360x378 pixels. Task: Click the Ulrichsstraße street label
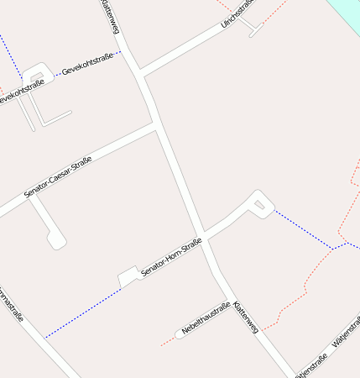pos(237,13)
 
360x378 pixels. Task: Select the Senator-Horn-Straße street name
pos(171,258)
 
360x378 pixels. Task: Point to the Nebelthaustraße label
pos(206,319)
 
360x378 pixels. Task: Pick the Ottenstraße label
pos(315,365)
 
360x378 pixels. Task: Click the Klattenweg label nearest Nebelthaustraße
pos(247,317)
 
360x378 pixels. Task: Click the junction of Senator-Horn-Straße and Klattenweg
pos(202,235)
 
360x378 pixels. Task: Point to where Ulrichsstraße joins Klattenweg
pos(140,73)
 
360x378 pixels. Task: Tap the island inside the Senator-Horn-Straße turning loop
pos(259,205)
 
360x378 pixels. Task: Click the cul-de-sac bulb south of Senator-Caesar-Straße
pos(57,242)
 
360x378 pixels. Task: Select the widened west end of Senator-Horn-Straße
pos(128,276)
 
